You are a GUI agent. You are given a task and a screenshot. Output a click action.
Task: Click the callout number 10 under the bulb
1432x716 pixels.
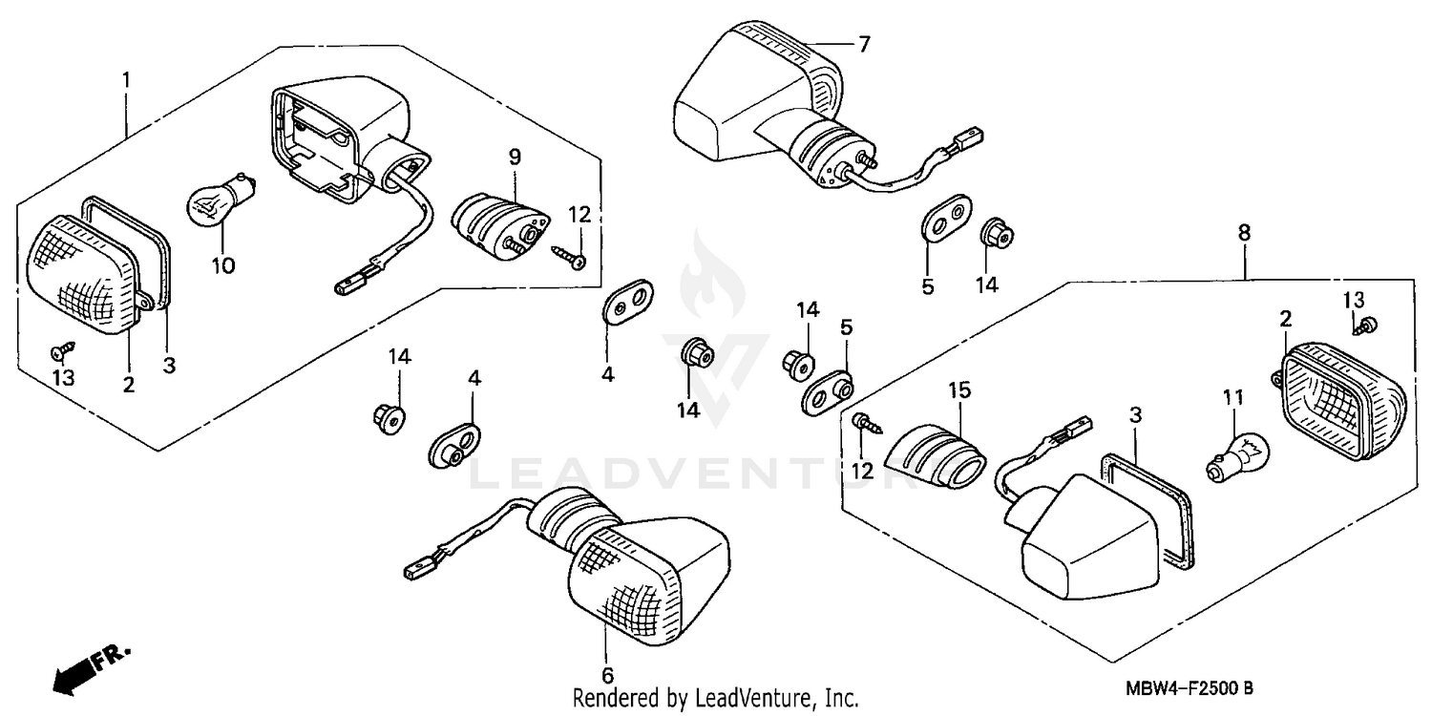(222, 264)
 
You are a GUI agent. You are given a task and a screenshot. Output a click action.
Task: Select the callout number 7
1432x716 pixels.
(864, 44)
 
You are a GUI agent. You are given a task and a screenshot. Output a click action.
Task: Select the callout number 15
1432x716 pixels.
(958, 390)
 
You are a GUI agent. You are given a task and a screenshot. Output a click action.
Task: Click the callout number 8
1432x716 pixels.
(1243, 232)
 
